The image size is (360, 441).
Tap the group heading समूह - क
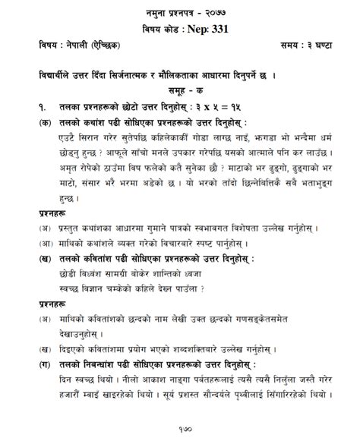178,91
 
